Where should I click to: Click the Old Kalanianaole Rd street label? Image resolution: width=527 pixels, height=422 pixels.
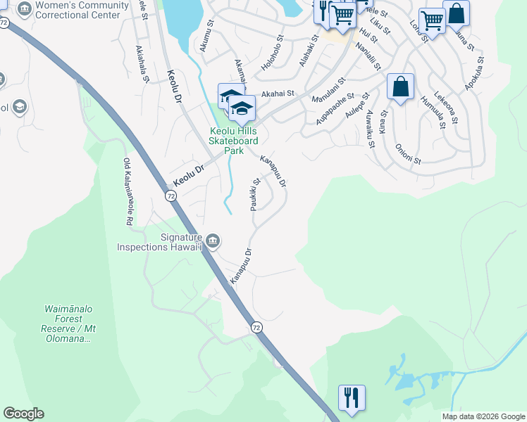point(128,191)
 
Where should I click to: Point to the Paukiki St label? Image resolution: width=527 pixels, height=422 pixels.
point(254,195)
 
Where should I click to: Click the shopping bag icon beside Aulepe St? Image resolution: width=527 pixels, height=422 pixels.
point(400,87)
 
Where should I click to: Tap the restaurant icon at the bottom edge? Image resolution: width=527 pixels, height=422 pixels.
point(351,397)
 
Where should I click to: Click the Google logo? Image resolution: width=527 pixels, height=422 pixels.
point(23,414)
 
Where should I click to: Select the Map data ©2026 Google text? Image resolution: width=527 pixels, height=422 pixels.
point(483,416)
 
